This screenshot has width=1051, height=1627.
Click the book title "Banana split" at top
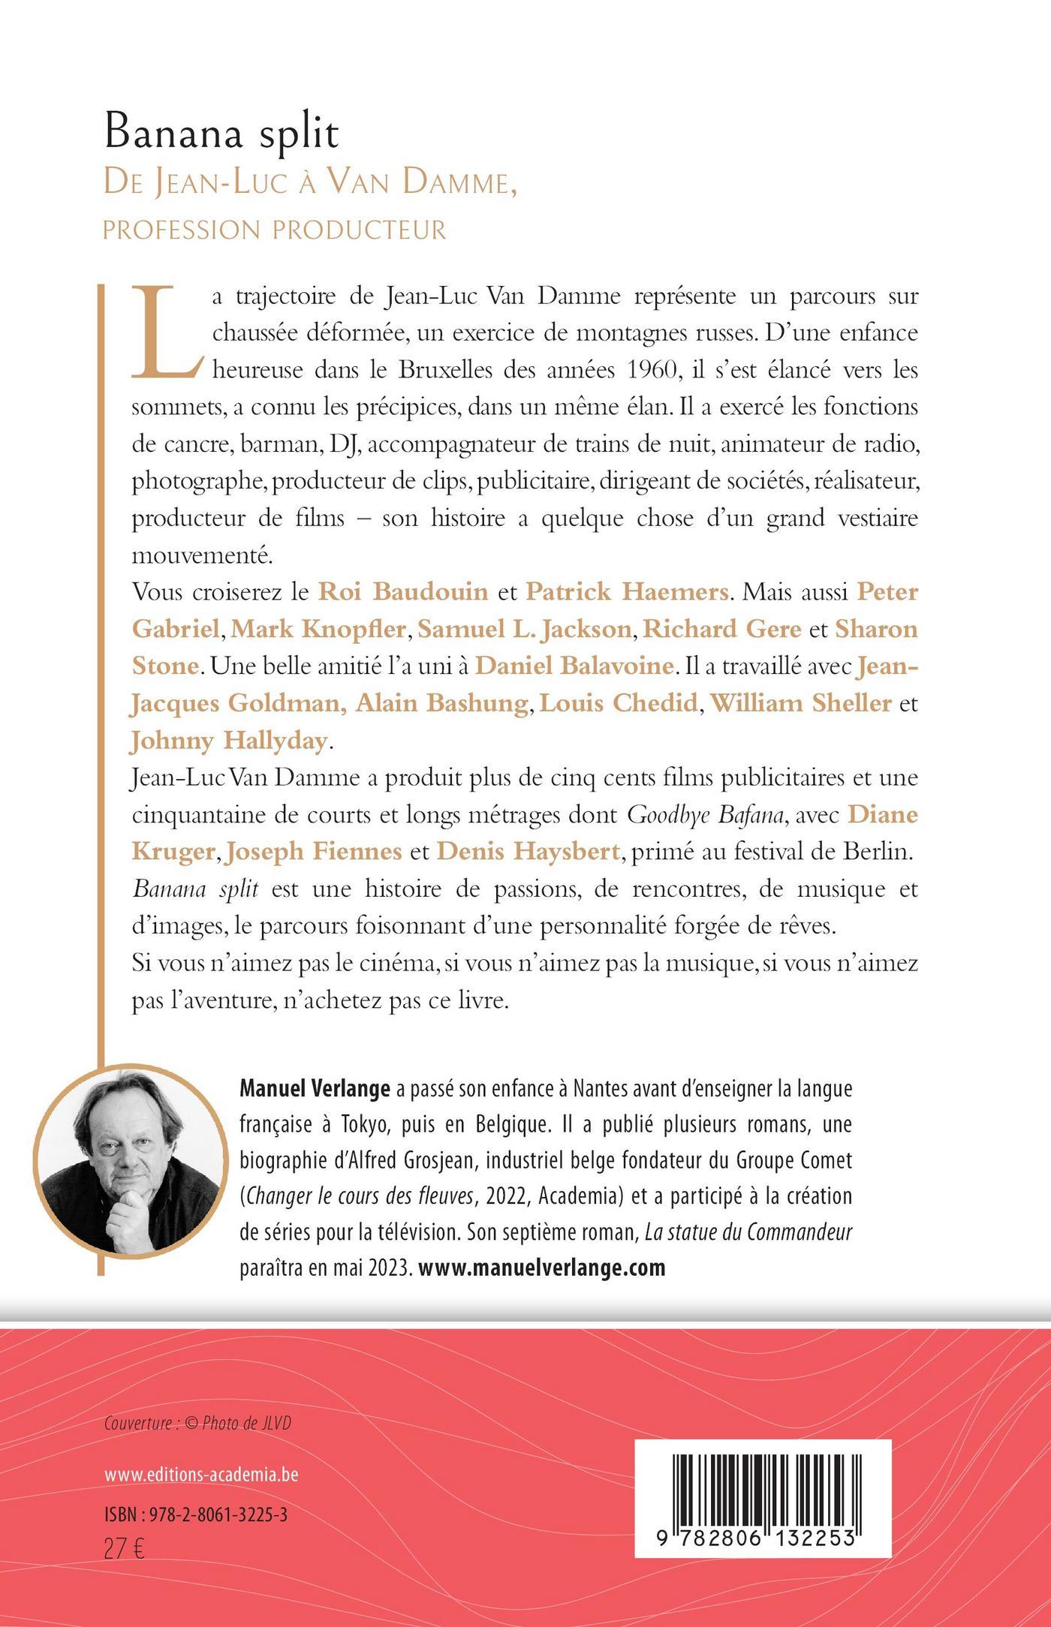tap(221, 134)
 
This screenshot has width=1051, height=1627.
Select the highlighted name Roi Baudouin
tap(403, 592)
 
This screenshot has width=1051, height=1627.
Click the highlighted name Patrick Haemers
tap(627, 592)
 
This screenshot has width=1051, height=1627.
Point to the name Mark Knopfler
tap(318, 629)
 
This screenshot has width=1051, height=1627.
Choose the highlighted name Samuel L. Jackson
tap(524, 629)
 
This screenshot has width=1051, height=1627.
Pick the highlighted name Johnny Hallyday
tap(229, 740)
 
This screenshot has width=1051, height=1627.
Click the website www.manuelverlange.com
tap(541, 1268)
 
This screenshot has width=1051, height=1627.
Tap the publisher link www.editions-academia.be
tap(201, 1475)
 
